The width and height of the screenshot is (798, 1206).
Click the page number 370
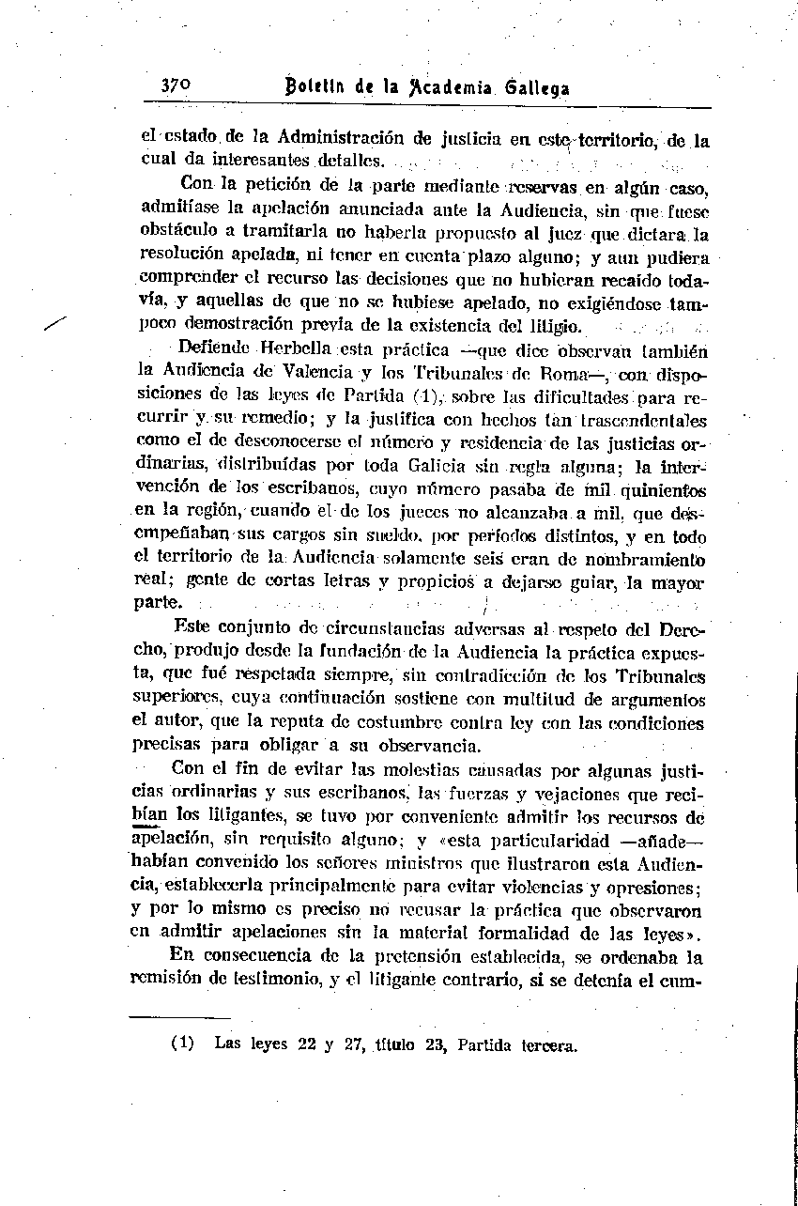176,86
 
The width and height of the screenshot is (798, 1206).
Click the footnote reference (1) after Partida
415,395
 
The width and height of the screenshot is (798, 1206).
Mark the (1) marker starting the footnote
181,1043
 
